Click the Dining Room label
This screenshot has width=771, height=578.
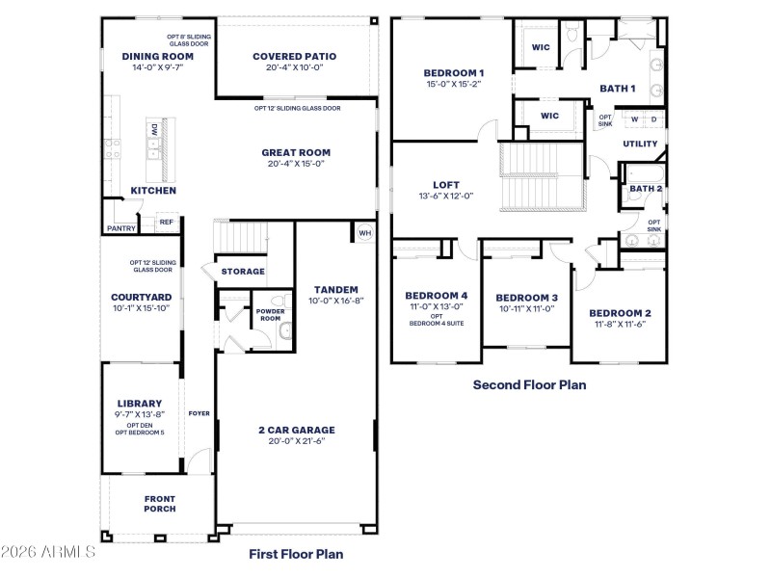[158, 56]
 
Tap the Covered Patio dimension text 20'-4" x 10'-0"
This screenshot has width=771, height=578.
[294, 67]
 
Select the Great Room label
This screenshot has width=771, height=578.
[296, 152]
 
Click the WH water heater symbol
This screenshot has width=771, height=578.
[364, 233]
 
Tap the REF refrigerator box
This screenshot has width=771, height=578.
[166, 222]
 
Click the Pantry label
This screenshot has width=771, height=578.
[120, 228]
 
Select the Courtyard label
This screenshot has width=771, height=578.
[141, 297]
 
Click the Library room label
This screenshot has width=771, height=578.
[140, 403]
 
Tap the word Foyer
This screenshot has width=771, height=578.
[199, 413]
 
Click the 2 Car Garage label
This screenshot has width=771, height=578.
[296, 429]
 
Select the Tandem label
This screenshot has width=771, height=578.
[335, 289]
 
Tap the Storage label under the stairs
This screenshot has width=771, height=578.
[243, 272]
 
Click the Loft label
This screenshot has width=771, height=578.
[446, 184]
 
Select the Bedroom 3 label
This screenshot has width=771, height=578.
[527, 298]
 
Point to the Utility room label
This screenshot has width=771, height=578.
[640, 144]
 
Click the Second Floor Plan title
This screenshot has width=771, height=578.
[529, 384]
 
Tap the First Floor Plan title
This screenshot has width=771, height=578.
[296, 554]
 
